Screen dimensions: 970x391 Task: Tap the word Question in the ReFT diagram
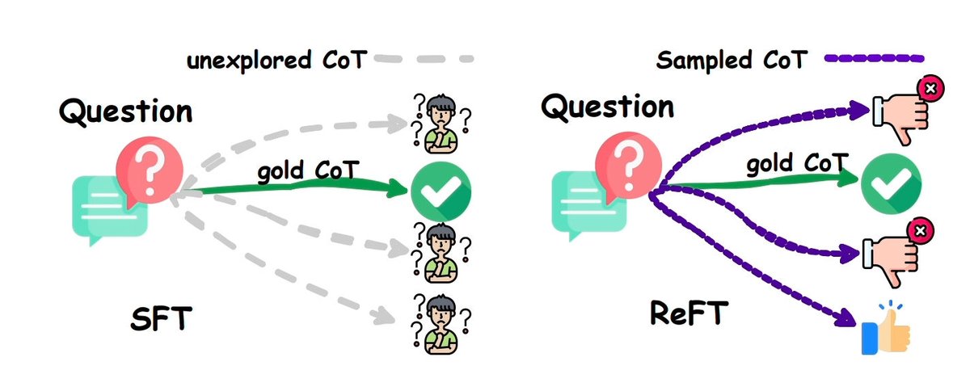(x=607, y=106)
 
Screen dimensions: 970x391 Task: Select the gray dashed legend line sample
(x=424, y=60)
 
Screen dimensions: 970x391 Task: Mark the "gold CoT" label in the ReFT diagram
(x=795, y=164)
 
